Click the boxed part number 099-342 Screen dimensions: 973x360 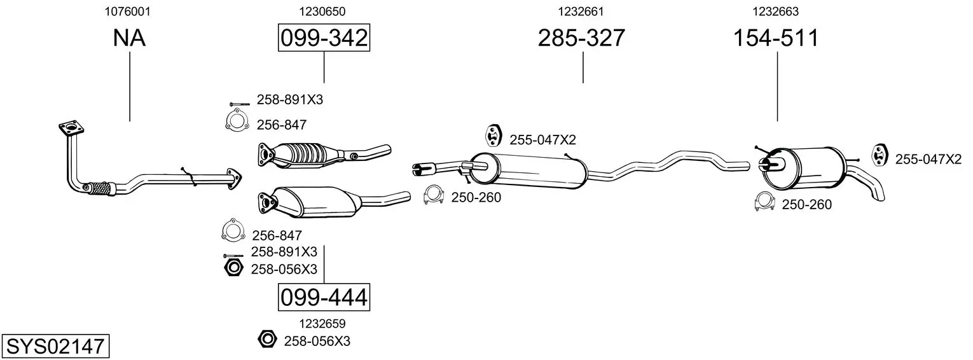(324, 38)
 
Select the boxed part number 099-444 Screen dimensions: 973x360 (324, 298)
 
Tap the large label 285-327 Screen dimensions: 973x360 (581, 38)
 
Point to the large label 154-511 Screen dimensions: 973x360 (776, 38)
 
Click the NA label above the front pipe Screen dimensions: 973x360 (129, 38)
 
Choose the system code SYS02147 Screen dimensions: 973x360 (55, 347)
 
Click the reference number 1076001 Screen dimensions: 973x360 (128, 11)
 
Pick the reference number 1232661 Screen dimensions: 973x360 (581, 11)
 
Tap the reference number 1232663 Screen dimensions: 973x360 (775, 11)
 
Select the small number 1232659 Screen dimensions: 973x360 (322, 324)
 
